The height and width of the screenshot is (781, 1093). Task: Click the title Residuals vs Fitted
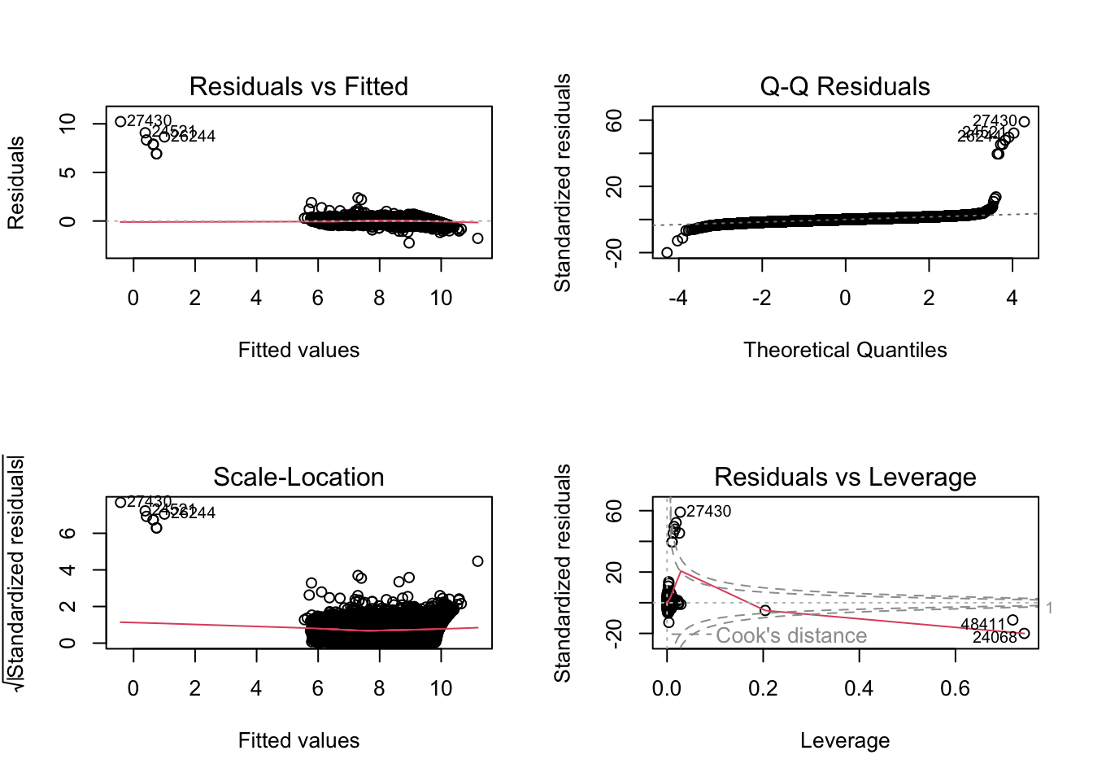pyautogui.click(x=298, y=86)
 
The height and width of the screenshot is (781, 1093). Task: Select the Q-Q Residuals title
pyautogui.click(x=844, y=86)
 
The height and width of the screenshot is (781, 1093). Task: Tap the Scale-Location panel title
pyautogui.click(x=298, y=477)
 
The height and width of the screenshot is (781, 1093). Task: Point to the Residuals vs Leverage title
pyautogui.click(x=844, y=477)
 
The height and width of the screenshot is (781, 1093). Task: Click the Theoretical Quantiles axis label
pyautogui.click(x=844, y=350)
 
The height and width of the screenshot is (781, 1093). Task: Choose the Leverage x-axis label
pyautogui.click(x=844, y=740)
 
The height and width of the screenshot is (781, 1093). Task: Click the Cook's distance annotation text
pyautogui.click(x=790, y=635)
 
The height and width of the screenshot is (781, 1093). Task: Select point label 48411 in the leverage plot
pyautogui.click(x=982, y=624)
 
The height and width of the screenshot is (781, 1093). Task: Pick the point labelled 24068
pyautogui.click(x=1024, y=633)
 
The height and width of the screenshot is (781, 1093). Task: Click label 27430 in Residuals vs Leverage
pyautogui.click(x=708, y=511)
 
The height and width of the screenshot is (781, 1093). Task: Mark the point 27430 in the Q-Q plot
pyautogui.click(x=1024, y=122)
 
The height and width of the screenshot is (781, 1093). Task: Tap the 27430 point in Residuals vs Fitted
pyautogui.click(x=120, y=122)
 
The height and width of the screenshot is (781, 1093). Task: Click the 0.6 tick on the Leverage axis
pyautogui.click(x=955, y=688)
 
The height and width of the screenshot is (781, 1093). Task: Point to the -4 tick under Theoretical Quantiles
pyautogui.click(x=677, y=298)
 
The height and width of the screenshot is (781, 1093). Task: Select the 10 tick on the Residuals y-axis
pyautogui.click(x=67, y=124)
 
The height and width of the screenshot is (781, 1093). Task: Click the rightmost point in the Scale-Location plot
pyautogui.click(x=477, y=561)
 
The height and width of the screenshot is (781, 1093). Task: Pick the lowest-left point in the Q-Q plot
pyautogui.click(x=667, y=252)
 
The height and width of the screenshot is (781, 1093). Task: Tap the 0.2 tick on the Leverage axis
pyautogui.click(x=762, y=688)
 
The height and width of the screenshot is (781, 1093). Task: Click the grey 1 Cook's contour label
pyautogui.click(x=1049, y=608)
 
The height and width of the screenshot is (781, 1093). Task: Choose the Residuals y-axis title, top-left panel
pyautogui.click(x=15, y=182)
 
